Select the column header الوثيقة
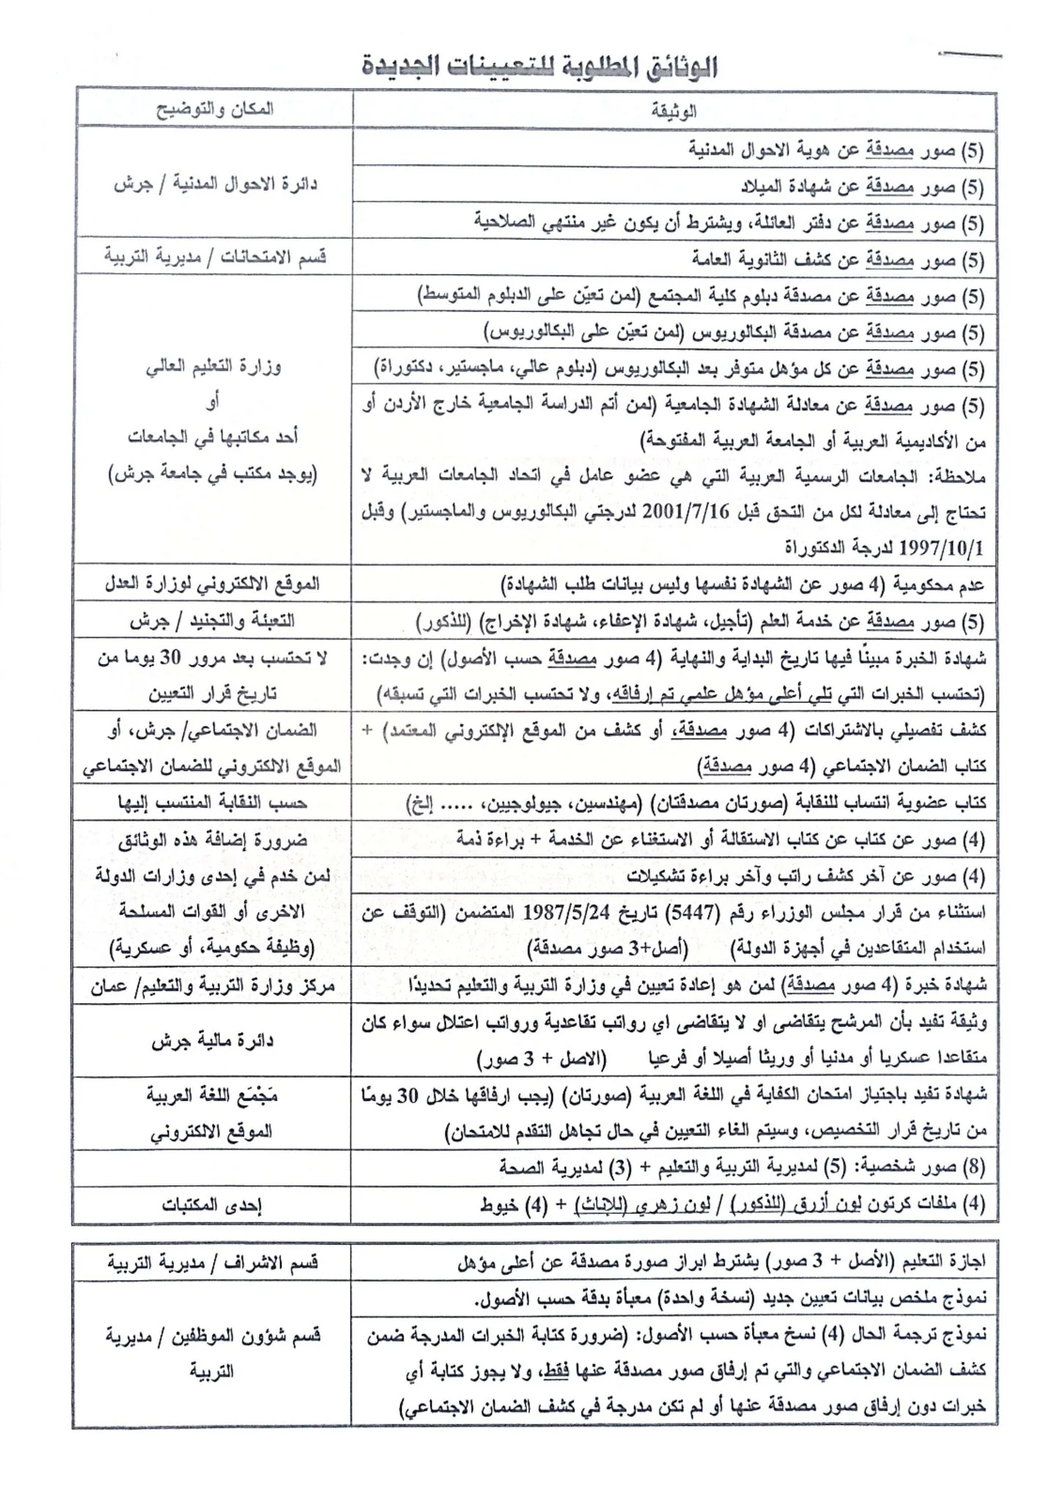(674, 111)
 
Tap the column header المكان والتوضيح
(214, 109)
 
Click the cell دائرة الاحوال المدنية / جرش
(215, 183)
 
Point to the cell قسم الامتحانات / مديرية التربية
(215, 257)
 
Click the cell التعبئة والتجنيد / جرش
(212, 621)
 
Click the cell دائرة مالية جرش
(212, 1041)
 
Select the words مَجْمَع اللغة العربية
(212, 1096)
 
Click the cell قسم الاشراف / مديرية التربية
(212, 1262)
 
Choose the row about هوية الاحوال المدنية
(837, 150)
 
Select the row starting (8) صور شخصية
(741, 1168)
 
